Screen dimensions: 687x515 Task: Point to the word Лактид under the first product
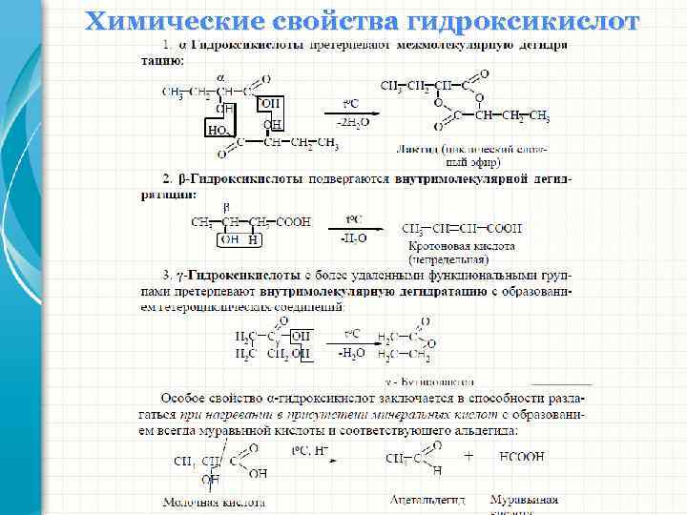(x=416, y=150)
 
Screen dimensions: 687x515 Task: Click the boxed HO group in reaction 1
(x=217, y=128)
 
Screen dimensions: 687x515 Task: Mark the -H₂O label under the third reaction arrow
(x=351, y=352)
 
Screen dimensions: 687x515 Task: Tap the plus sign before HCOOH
(x=468, y=457)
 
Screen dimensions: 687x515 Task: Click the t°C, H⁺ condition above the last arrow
(x=309, y=447)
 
